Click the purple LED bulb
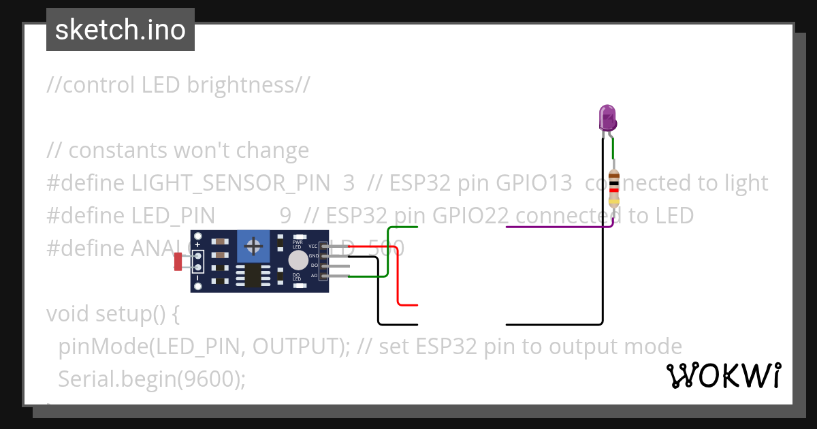click(607, 118)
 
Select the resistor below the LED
click(614, 187)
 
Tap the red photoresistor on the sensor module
click(179, 261)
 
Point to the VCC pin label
click(313, 246)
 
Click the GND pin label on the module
click(314, 256)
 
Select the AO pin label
click(315, 276)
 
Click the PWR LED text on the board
click(298, 243)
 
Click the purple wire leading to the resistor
click(558, 227)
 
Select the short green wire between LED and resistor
click(613, 148)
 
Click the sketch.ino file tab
click(121, 30)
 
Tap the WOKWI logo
click(723, 375)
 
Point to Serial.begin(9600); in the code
click(152, 379)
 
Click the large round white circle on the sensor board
click(298, 261)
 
